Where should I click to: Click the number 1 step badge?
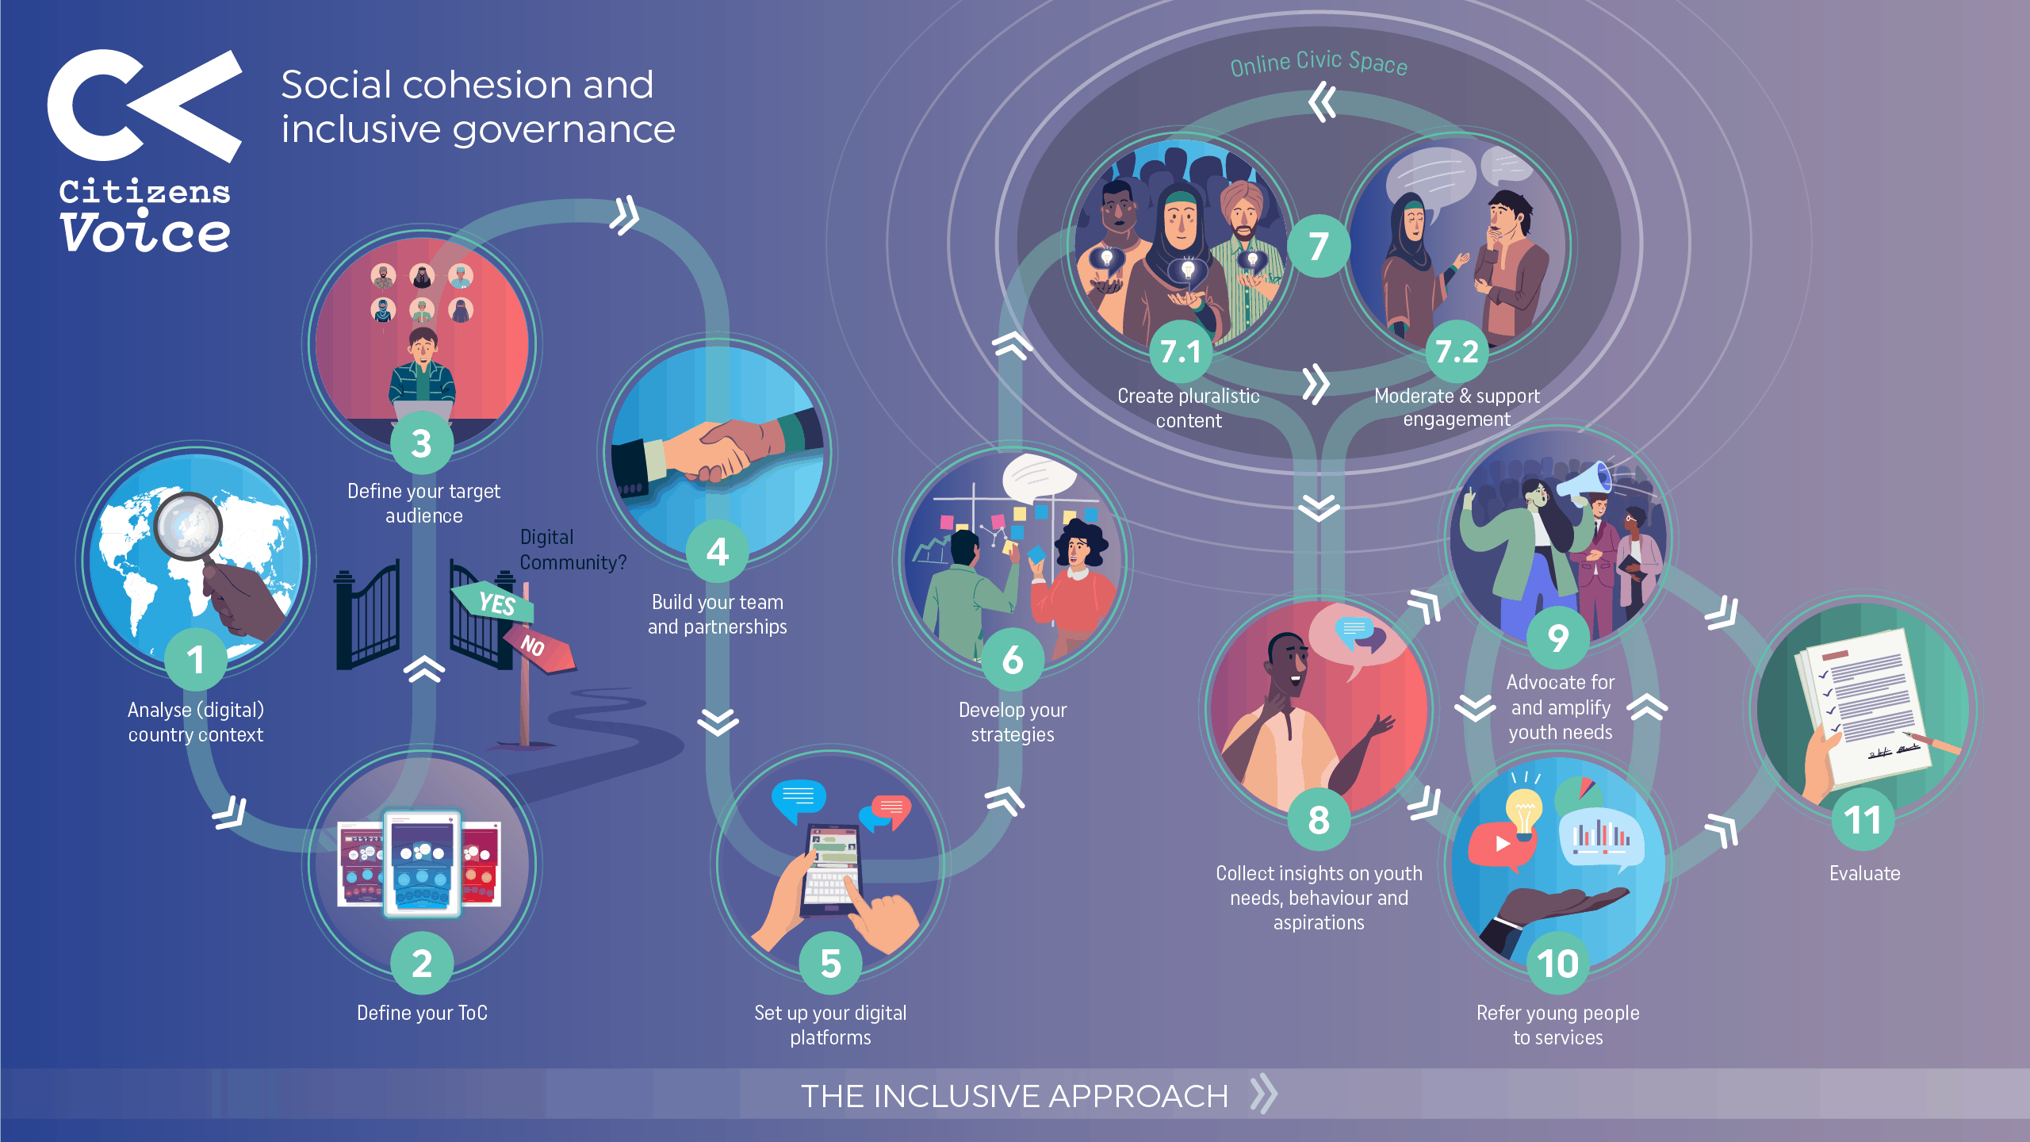pos(196,660)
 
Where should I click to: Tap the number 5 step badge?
pos(830,964)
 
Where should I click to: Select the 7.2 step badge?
pos(1457,351)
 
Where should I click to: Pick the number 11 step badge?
pos(1863,820)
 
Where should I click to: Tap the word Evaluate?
pos(1864,873)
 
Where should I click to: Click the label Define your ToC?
pos(422,1013)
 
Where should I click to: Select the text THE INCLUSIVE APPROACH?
pos(1014,1096)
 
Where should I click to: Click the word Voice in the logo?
pos(145,233)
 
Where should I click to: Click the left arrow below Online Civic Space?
pos(1322,103)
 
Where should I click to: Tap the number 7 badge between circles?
pos(1318,246)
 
